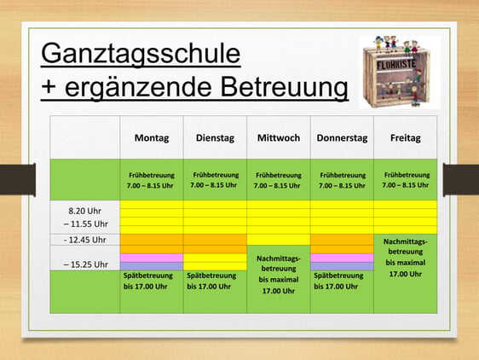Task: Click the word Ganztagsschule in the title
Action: (141, 55)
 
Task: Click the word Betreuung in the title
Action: (284, 88)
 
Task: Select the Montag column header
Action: (152, 138)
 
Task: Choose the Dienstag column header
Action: (215, 138)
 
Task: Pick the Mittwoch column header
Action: (279, 138)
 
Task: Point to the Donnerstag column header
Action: (342, 138)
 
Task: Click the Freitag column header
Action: (406, 138)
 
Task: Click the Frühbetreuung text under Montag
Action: (152, 175)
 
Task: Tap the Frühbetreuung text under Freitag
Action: (407, 175)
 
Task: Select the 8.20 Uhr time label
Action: (84, 211)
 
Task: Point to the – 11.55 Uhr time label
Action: (86, 224)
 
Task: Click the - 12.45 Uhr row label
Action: (85, 240)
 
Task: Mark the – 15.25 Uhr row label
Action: (86, 264)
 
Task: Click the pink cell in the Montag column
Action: (152, 258)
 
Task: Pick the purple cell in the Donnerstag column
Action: (342, 266)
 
